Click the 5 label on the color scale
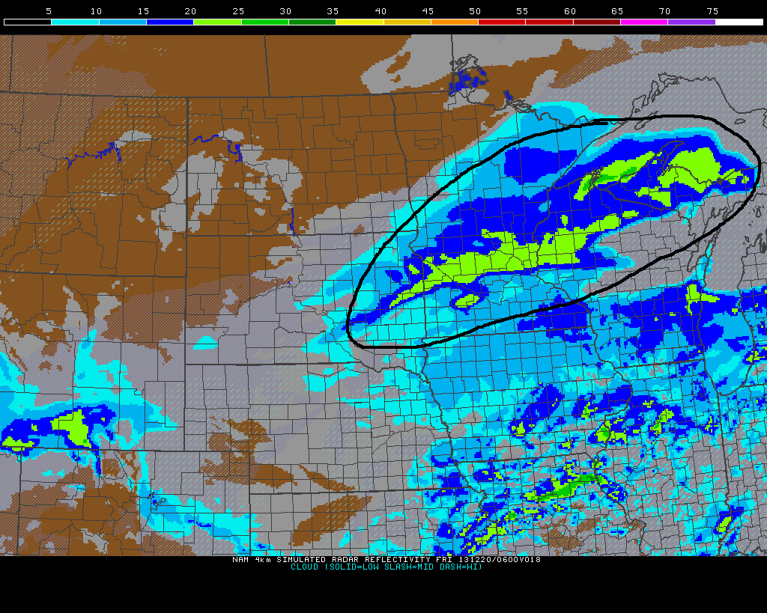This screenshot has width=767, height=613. tap(49, 11)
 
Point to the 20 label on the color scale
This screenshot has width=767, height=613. tap(191, 11)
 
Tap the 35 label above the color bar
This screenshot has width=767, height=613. tap(333, 11)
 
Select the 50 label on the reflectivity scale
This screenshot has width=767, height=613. tap(475, 11)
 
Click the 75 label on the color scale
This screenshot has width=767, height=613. tap(712, 11)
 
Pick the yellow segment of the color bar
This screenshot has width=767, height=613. tap(360, 22)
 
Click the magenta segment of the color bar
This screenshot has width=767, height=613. tap(644, 22)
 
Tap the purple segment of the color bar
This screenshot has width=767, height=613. tap(691, 22)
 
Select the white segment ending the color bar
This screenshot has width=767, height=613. tap(739, 22)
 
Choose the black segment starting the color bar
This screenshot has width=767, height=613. tap(28, 22)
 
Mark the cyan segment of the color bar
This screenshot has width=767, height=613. tap(75, 22)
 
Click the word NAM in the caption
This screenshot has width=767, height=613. tap(240, 559)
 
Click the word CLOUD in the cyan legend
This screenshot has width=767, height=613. tap(305, 567)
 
